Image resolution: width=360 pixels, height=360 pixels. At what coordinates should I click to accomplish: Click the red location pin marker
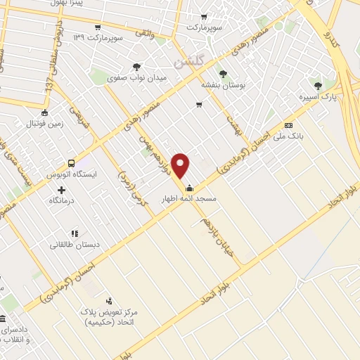tap(181, 167)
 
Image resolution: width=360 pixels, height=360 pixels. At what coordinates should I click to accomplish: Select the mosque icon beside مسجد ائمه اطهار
tap(189, 188)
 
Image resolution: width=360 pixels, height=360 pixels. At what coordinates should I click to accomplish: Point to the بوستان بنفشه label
tap(223, 84)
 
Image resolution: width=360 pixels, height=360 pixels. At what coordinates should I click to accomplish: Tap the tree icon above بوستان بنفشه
tap(223, 72)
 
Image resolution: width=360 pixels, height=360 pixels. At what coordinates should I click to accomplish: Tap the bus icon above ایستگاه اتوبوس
tap(70, 162)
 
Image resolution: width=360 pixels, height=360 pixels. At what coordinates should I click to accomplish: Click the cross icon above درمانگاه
tap(62, 190)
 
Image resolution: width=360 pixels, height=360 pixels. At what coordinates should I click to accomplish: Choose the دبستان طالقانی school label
tap(68, 245)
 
